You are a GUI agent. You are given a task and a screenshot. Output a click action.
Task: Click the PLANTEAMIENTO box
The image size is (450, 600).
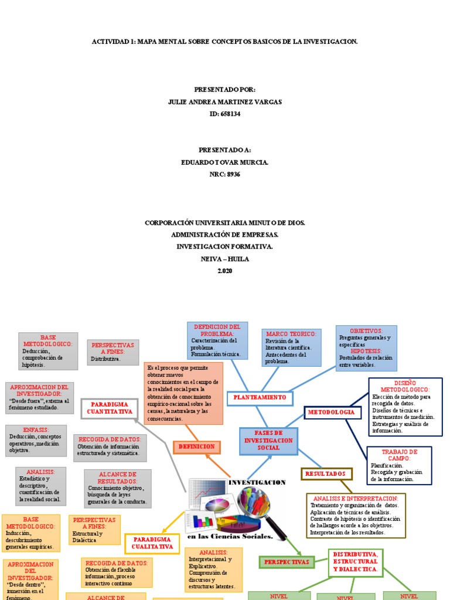[x=259, y=398]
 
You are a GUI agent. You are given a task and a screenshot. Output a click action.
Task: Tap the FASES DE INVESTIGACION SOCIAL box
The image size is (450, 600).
[x=268, y=441]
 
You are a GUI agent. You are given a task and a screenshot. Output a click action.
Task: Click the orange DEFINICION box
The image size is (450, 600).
[x=195, y=447]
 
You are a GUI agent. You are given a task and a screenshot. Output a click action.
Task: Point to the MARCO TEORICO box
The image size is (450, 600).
[x=291, y=347]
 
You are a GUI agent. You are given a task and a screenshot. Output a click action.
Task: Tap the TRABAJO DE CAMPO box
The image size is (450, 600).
[x=398, y=465]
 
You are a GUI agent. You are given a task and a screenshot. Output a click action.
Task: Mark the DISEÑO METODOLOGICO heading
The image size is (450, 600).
[x=405, y=386]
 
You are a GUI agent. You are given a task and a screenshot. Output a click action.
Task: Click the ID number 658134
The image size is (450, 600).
[x=224, y=114]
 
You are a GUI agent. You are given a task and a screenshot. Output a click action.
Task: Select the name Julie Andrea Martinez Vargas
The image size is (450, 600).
[x=224, y=102]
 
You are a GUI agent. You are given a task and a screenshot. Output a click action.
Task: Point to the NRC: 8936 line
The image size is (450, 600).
[x=224, y=174]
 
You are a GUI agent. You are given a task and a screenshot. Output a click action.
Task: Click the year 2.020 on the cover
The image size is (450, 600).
[x=224, y=270]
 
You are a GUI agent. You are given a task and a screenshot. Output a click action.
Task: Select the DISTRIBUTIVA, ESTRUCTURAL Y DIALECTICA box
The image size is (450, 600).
[x=355, y=561]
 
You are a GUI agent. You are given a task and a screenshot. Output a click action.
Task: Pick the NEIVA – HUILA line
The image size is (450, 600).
[x=224, y=258]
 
